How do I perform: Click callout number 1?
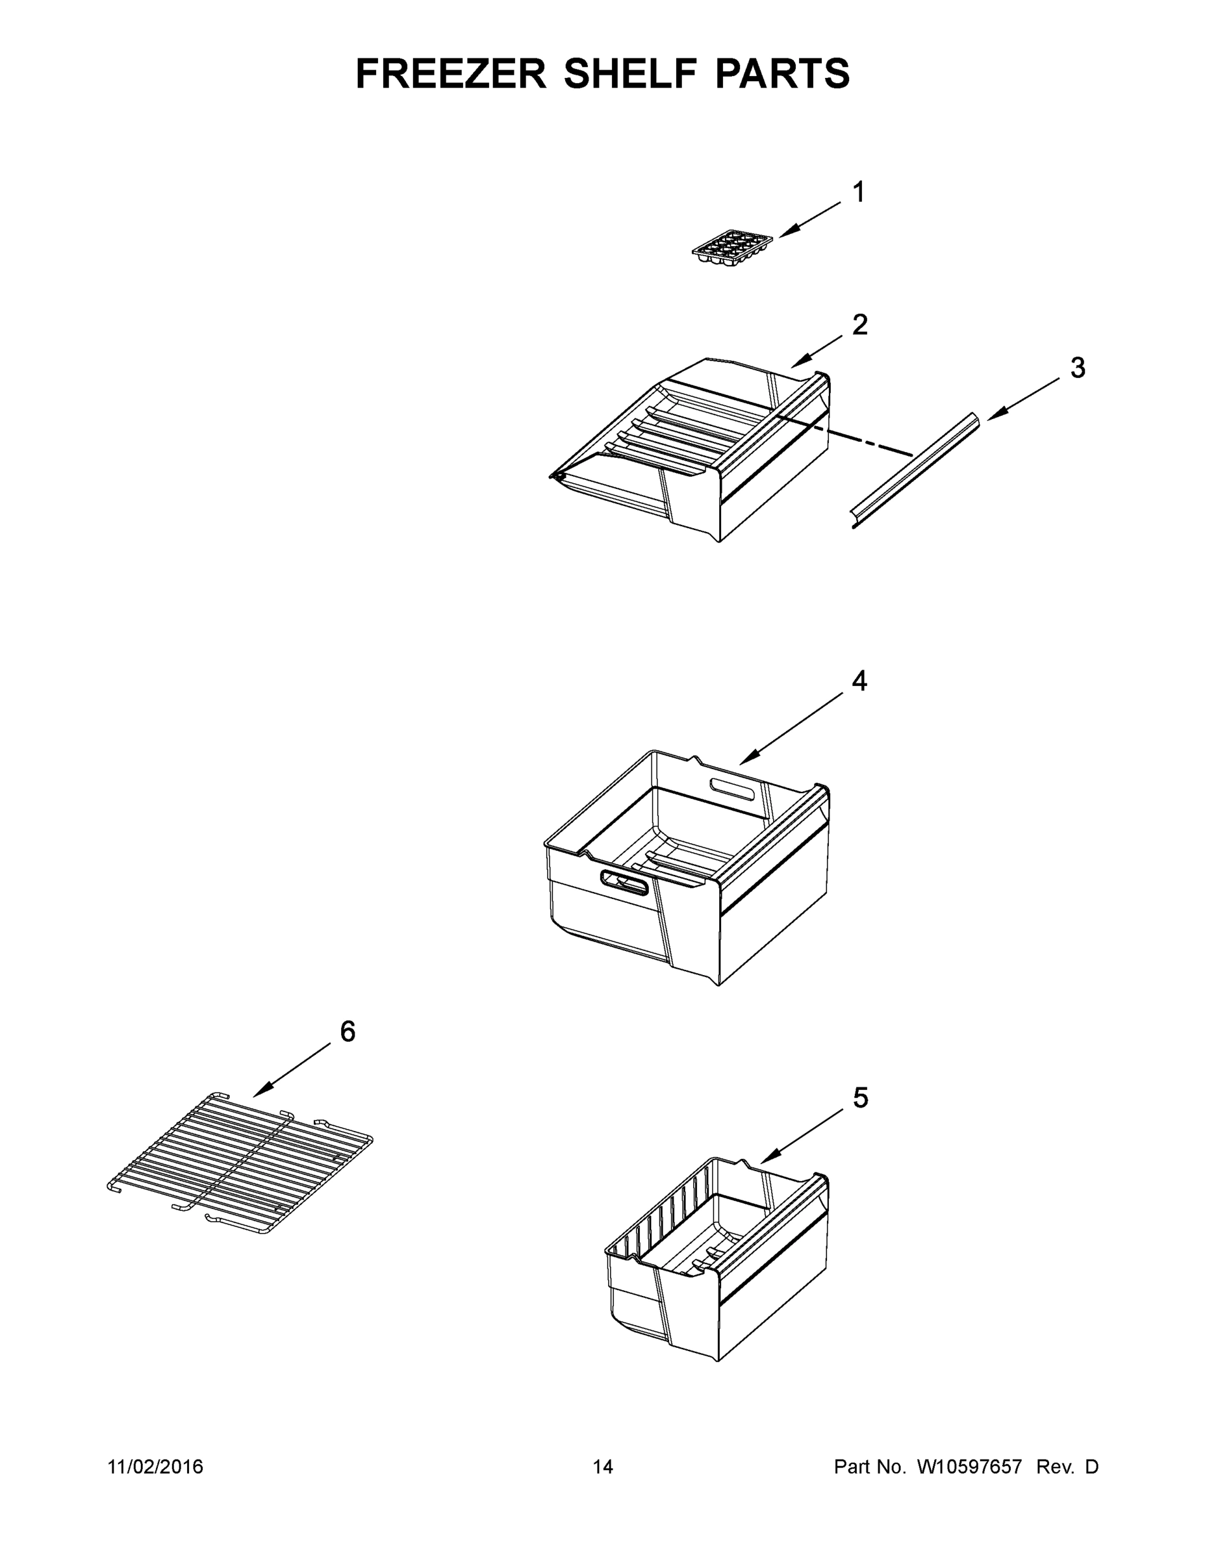859,192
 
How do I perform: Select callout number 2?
859,325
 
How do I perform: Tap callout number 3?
1077,368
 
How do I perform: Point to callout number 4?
859,681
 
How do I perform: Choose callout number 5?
860,1098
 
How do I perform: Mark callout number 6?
347,1032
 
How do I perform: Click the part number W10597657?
969,1467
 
